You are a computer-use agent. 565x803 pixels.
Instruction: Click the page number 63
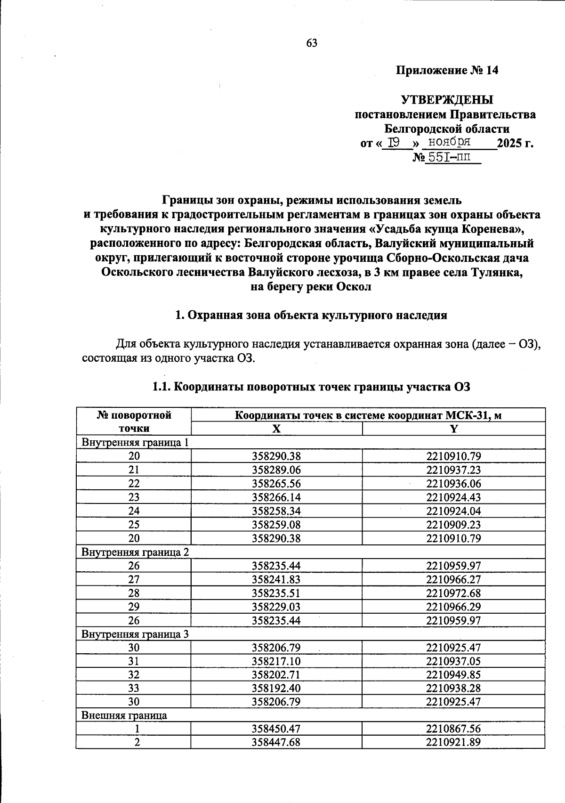pos(312,43)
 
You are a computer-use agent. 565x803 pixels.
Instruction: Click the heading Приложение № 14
pos(447,71)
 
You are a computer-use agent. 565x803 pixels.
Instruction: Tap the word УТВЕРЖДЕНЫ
pos(447,100)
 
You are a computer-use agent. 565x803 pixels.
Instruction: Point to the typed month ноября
pos(446,142)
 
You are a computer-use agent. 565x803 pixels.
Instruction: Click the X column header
pos(276,429)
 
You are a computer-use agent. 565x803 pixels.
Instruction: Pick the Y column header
pos(453,429)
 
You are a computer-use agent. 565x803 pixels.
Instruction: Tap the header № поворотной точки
pos(134,422)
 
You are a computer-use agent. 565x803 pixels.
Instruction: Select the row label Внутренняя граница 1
pos(135,442)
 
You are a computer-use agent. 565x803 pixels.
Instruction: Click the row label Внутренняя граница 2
pos(135,552)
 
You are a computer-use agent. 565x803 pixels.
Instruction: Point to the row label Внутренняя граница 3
pos(135,634)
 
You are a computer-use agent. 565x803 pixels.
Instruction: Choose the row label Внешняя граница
pos(124,715)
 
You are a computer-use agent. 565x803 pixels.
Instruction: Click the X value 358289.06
pos(276,470)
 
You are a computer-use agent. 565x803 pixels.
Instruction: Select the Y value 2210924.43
pos(453,497)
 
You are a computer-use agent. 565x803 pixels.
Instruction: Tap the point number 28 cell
pos(134,593)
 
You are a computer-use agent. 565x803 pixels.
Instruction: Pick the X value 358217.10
pos(276,661)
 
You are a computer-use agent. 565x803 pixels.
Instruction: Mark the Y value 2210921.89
pos(453,743)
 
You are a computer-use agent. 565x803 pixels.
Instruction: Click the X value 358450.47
pos(276,729)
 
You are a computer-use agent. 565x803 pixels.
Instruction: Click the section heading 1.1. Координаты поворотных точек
pos(311,387)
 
